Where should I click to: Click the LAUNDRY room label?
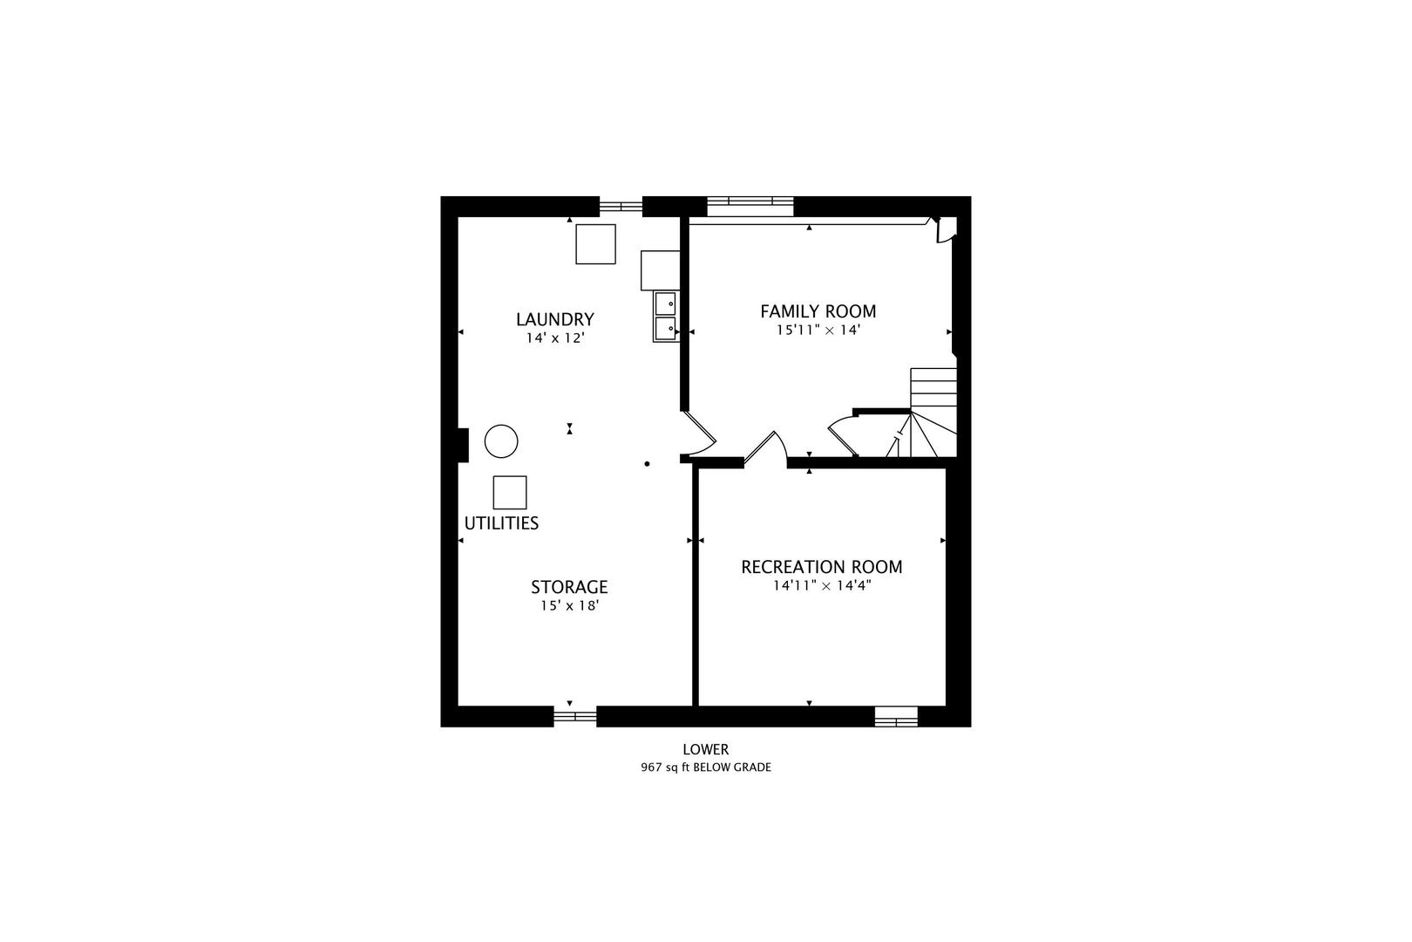554,319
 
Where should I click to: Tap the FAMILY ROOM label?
818,311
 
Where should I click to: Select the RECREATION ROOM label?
821,567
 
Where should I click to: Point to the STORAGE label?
569,587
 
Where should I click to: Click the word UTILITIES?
502,523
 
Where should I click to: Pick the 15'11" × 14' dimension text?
818,330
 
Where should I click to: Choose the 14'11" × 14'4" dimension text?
822,585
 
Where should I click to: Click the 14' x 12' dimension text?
555,338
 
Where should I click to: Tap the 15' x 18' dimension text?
569,605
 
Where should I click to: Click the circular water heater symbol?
501,441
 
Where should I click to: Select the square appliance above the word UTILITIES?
509,492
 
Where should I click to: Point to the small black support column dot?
647,464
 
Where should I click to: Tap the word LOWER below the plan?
705,749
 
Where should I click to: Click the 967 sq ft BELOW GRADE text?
706,768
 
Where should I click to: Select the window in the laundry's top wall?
621,206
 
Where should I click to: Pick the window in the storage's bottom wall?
575,716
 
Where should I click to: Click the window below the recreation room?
896,716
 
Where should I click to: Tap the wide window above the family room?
750,201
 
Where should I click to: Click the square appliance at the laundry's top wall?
595,244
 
